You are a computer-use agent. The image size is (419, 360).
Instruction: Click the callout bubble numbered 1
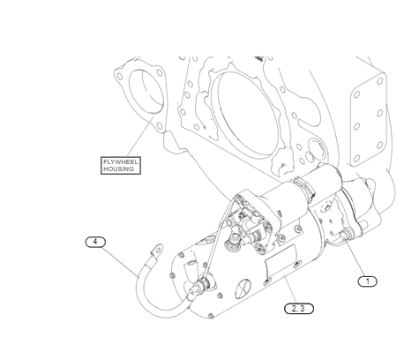(x=367, y=281)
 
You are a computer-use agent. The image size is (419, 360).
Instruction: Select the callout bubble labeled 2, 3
(x=299, y=309)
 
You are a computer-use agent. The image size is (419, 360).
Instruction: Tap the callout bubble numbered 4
(x=95, y=242)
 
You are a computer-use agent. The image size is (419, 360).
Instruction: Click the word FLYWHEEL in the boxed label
(x=121, y=162)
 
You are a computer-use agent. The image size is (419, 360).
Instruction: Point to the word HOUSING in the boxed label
(x=118, y=169)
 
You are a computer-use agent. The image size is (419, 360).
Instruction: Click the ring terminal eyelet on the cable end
(x=157, y=250)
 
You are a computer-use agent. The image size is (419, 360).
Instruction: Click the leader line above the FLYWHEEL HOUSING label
(x=140, y=137)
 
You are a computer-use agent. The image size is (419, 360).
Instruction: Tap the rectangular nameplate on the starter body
(x=281, y=261)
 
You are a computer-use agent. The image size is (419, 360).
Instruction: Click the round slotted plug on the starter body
(x=243, y=289)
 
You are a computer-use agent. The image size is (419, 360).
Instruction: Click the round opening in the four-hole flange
(x=146, y=91)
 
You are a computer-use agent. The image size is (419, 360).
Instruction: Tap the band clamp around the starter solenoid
(x=304, y=188)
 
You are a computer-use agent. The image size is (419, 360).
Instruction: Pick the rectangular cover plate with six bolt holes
(x=368, y=120)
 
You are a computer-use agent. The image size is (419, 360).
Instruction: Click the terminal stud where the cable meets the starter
(x=202, y=284)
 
